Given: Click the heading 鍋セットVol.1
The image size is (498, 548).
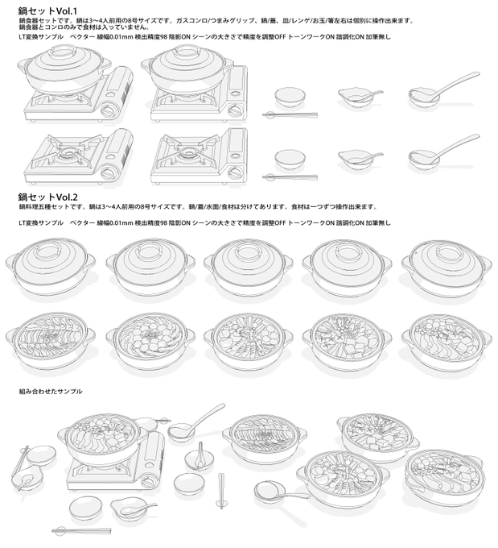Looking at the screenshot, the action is click(47, 10).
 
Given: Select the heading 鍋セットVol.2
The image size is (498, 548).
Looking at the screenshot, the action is click(48, 197).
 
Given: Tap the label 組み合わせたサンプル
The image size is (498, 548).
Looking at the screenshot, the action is click(51, 392).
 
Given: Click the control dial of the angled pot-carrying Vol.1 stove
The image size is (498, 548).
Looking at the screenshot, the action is click(107, 111).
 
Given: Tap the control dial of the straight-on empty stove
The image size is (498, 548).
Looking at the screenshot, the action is click(235, 173).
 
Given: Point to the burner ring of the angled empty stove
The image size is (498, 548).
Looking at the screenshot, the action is click(68, 153).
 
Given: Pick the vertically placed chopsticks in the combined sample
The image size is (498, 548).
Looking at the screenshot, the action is click(221, 491).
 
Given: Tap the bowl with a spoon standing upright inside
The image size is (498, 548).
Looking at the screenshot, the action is click(199, 457).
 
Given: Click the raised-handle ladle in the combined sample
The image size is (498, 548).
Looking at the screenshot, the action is click(196, 421).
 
